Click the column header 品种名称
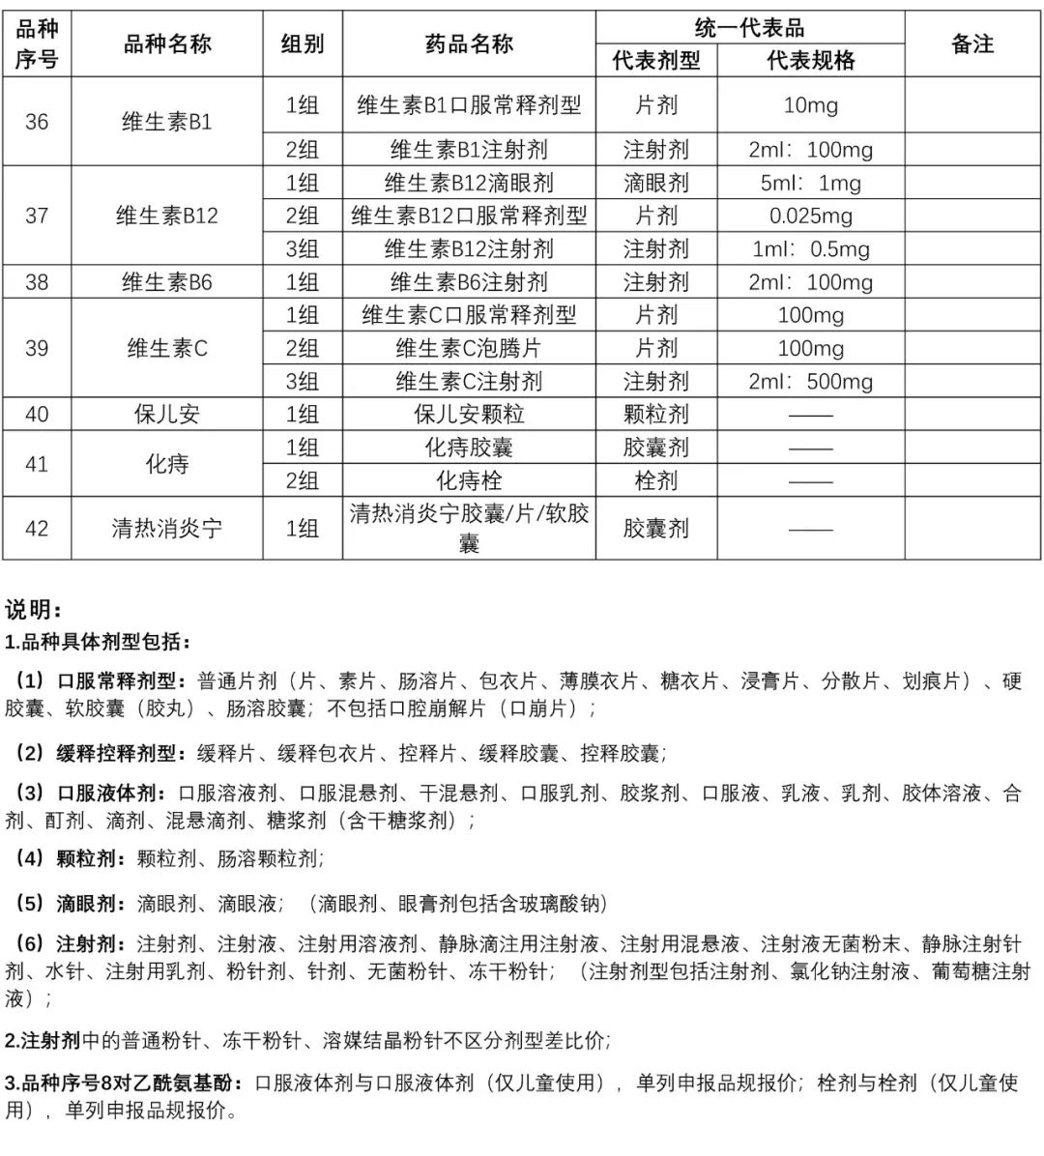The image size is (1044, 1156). click(x=167, y=43)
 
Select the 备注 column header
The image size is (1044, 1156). click(x=971, y=43)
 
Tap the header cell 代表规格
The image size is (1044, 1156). click(x=810, y=61)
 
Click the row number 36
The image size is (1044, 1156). click(x=37, y=122)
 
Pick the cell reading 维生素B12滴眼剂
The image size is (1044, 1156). click(x=469, y=183)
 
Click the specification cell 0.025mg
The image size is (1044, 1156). click(x=810, y=216)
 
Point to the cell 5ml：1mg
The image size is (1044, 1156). click(x=810, y=183)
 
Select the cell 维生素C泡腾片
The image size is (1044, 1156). click(x=469, y=348)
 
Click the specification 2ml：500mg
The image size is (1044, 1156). click(x=810, y=381)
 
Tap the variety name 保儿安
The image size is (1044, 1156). click(x=167, y=415)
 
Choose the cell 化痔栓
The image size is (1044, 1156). click(x=469, y=480)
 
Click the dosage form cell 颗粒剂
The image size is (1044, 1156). click(x=655, y=415)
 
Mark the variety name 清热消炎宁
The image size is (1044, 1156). click(x=167, y=529)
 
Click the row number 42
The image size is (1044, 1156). click(x=37, y=529)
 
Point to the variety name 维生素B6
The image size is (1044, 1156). click(x=167, y=282)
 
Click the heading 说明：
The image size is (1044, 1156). click(x=33, y=609)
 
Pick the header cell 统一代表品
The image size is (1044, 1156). click(x=749, y=28)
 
